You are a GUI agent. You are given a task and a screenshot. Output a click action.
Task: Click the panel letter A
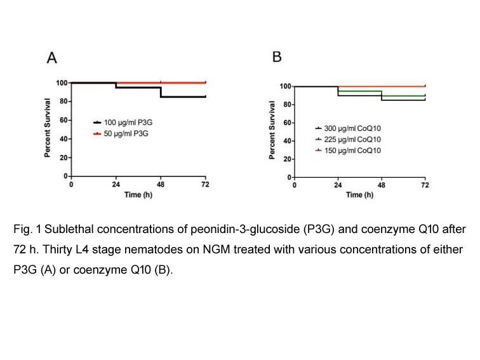pos(51,58)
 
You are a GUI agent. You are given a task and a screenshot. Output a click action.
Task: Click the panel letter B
pos(277,57)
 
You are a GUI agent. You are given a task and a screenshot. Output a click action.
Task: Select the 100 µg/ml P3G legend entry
pos(123,123)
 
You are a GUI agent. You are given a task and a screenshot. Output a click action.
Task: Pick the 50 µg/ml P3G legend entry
pos(121,133)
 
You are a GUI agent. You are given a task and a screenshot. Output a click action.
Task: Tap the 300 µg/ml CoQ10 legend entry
pos(348,128)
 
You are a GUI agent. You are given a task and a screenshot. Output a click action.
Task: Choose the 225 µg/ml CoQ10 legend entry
pos(348,139)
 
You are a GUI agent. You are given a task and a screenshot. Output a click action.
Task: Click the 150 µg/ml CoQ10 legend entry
pos(348,150)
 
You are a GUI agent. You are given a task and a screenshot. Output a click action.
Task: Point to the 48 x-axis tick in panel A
pos(161,184)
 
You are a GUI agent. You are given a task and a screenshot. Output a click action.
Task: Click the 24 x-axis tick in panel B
pos(338,185)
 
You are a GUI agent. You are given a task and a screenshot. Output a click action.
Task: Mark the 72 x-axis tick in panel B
pos(425,185)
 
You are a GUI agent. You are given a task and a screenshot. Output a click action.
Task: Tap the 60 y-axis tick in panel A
pos(63,120)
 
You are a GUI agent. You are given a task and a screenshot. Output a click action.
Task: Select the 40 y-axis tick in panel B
pos(287,141)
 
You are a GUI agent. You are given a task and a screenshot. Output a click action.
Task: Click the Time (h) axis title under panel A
pos(138,195)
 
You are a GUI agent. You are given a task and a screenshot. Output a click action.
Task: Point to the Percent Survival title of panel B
pos(272,130)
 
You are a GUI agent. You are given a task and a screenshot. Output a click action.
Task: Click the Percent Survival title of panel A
pos(47,128)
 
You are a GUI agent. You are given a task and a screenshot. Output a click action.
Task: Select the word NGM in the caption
pos(217,250)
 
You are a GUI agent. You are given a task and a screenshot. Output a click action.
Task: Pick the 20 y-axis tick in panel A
pos(63,157)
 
